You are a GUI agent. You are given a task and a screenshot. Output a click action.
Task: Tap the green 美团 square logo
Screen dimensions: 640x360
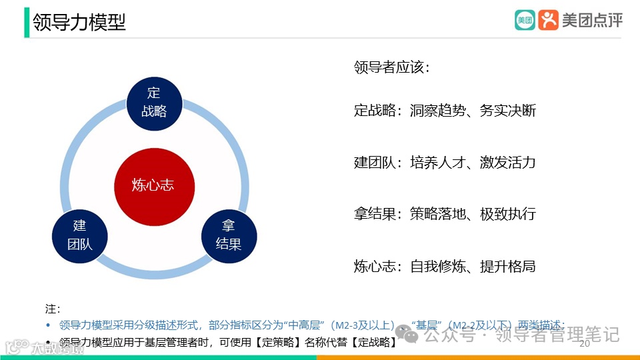525,20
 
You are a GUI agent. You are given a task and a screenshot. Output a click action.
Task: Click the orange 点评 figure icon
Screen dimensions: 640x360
548,20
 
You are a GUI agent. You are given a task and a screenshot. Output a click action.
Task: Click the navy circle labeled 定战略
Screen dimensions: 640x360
154,102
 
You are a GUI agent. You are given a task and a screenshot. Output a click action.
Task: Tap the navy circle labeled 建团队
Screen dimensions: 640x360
79,234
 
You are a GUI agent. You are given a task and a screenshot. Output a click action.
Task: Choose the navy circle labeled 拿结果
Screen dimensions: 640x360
229,235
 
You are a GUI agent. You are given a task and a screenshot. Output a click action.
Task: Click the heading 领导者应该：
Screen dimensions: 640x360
391,67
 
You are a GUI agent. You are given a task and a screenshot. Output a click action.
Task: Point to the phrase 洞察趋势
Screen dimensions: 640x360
437,111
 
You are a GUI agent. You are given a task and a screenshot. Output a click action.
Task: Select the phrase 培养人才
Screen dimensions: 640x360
437,163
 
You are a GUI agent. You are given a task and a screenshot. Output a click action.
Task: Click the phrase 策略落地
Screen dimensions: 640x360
437,215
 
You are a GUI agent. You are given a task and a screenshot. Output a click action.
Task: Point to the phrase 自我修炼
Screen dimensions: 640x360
437,267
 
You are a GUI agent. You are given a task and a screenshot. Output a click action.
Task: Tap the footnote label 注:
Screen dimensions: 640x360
53,309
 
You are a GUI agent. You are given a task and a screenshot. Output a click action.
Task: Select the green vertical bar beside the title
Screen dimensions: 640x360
27,21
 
